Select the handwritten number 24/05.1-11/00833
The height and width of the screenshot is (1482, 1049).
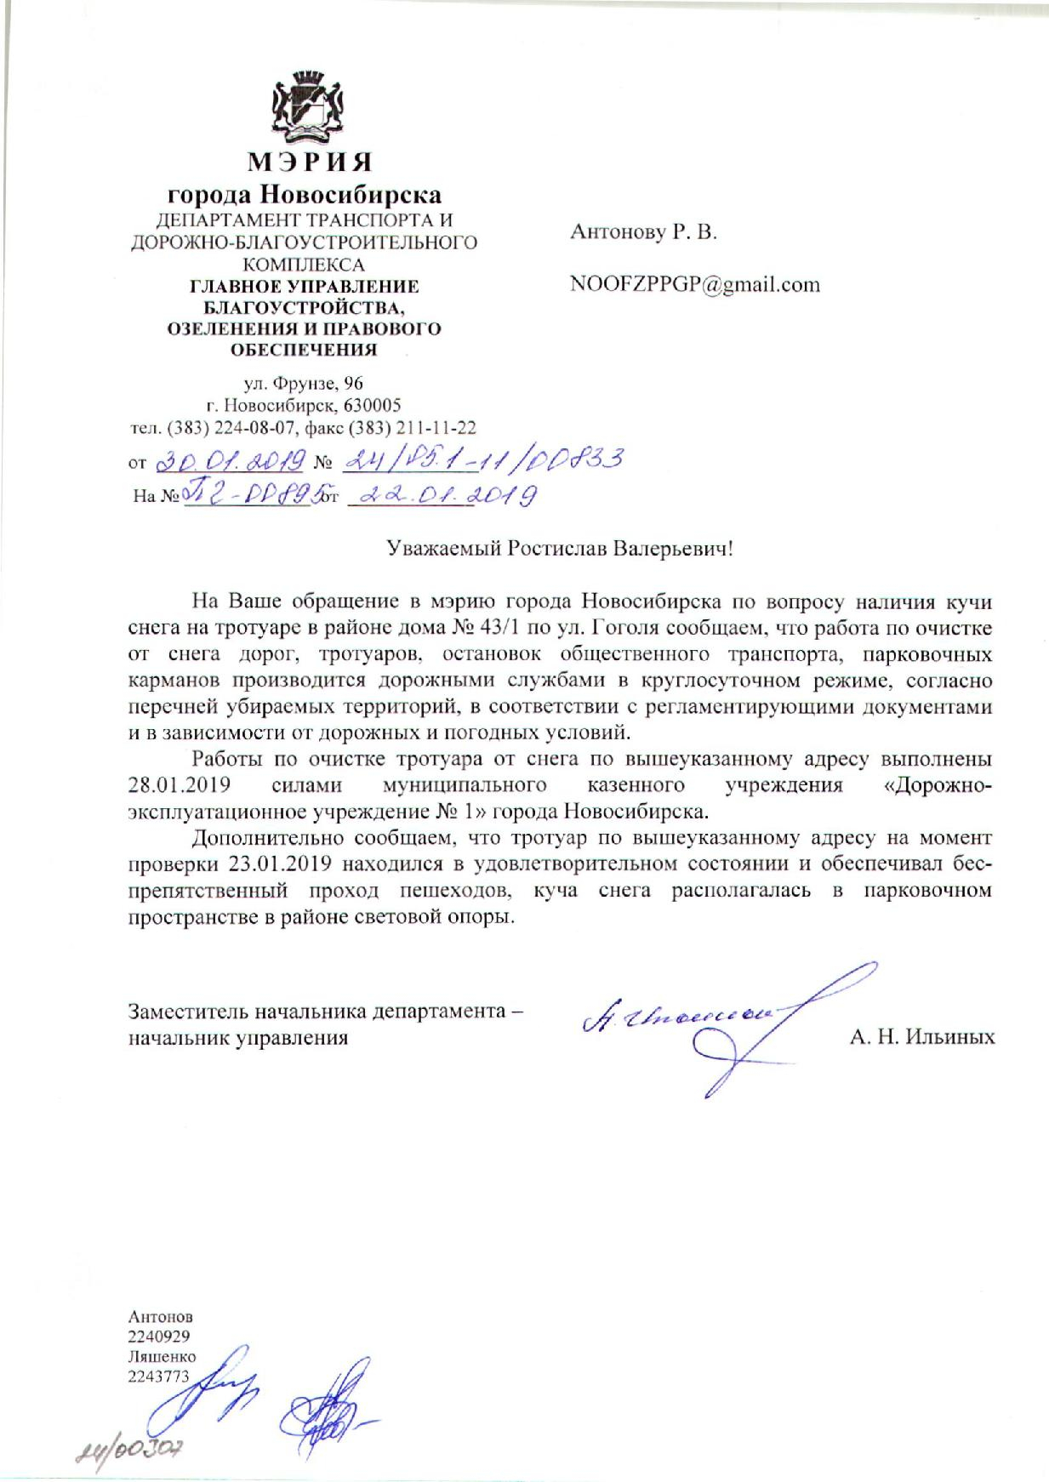tap(480, 460)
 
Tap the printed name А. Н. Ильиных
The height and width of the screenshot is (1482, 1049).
tap(922, 1037)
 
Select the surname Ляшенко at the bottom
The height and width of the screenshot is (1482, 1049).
tap(162, 1356)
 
